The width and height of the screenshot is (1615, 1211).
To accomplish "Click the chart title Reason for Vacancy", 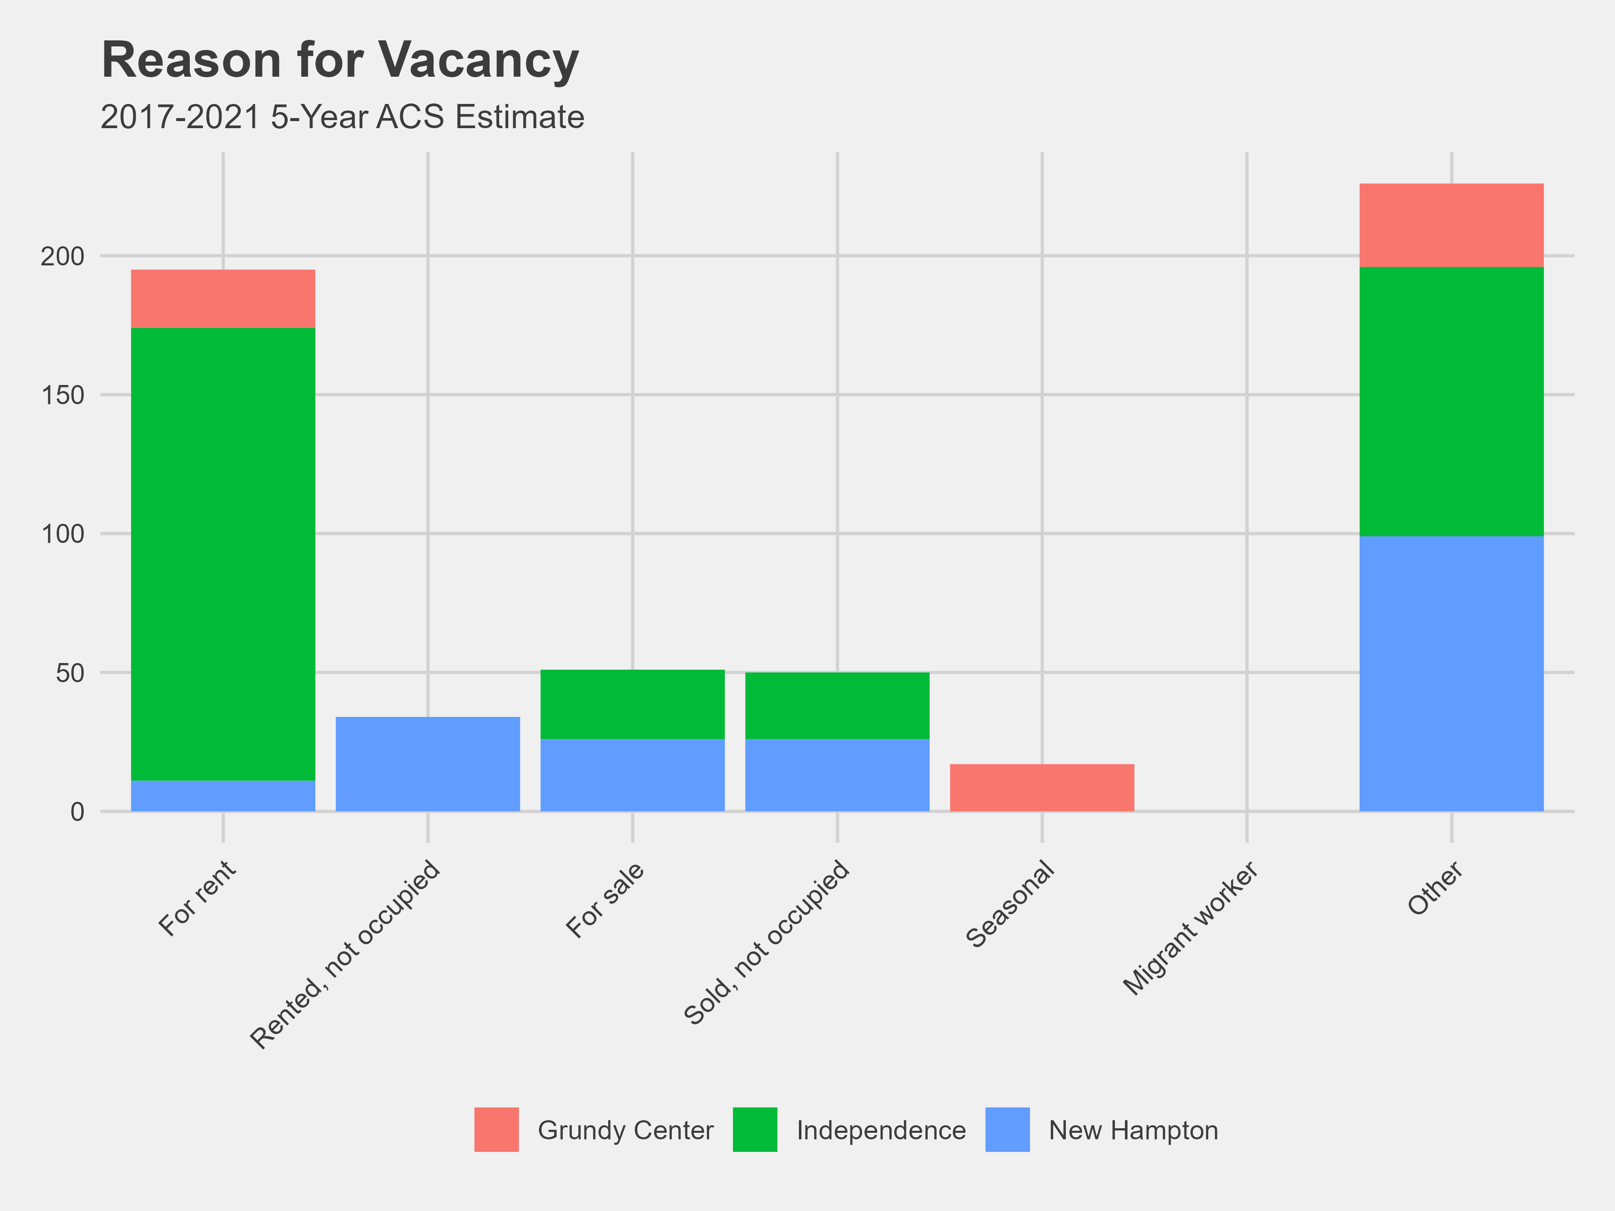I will tap(340, 60).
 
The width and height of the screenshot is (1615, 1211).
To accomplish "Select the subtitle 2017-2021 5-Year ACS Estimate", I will tap(342, 117).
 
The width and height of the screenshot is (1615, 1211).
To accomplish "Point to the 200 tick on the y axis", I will tap(63, 256).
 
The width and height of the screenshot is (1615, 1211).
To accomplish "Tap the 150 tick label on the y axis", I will tap(63, 395).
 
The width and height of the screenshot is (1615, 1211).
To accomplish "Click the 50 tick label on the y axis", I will tap(70, 672).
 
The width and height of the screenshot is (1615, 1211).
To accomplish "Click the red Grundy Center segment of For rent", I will tap(223, 299).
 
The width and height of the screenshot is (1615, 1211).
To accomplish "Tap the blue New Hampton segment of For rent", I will tap(223, 796).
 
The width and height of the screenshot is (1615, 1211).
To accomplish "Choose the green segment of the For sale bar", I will tap(632, 704).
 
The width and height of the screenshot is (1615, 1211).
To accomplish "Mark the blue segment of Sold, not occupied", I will tap(837, 775).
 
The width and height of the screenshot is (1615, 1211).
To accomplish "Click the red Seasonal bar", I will tap(1042, 788).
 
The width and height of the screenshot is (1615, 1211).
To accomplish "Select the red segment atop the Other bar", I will tap(1451, 225).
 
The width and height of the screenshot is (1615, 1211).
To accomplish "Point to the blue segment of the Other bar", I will tap(1451, 673).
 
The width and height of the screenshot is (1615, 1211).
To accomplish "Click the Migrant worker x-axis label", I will tap(1191, 928).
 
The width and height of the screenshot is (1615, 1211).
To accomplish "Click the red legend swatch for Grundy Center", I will tap(497, 1129).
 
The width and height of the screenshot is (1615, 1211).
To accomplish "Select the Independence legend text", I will tap(881, 1130).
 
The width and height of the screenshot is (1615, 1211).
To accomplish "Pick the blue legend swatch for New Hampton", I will tap(1007, 1129).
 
